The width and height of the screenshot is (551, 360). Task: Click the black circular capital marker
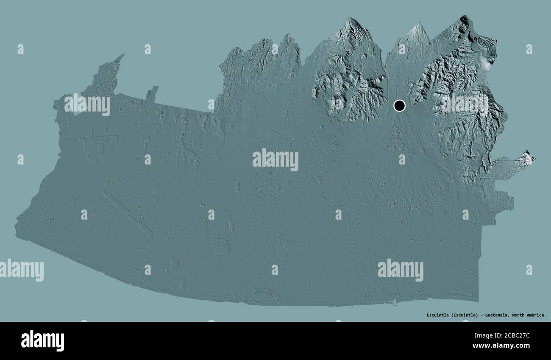(x=399, y=105)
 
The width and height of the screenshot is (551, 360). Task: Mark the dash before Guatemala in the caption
(x=483, y=315)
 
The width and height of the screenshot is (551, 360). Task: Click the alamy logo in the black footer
(x=42, y=340)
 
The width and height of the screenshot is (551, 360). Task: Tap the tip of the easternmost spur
(x=532, y=158)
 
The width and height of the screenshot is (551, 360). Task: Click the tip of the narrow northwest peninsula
(x=123, y=55)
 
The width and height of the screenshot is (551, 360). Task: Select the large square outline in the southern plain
(x=220, y=246)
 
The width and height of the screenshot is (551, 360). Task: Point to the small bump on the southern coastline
(x=395, y=302)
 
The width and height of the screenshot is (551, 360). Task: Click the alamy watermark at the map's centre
(x=275, y=160)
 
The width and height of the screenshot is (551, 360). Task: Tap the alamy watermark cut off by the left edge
(x=21, y=270)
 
